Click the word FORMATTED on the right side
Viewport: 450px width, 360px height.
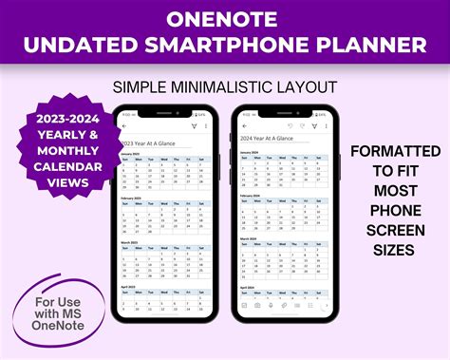pos(394,152)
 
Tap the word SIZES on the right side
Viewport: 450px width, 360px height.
pos(394,251)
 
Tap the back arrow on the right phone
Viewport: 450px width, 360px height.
pos(245,126)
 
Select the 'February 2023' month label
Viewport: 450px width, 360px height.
pos(137,198)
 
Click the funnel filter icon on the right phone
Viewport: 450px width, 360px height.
pos(314,126)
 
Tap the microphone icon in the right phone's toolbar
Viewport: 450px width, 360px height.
pos(284,306)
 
